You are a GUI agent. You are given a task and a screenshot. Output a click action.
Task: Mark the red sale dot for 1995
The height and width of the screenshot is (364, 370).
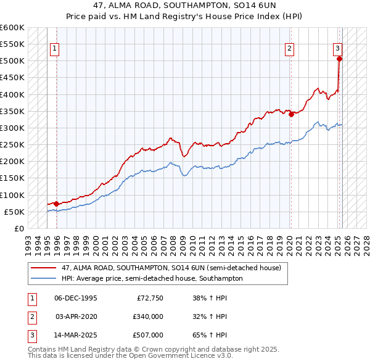pyautogui.click(x=56, y=204)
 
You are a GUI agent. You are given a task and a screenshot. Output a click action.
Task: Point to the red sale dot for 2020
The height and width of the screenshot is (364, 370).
pyautogui.click(x=291, y=114)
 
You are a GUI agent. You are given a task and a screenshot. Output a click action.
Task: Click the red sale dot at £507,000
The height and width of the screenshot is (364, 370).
pyautogui.click(x=339, y=59)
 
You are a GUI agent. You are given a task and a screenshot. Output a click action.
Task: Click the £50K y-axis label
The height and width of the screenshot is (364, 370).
pyautogui.click(x=14, y=212)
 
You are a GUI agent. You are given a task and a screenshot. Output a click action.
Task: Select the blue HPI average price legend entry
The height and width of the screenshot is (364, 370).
pyautogui.click(x=152, y=278)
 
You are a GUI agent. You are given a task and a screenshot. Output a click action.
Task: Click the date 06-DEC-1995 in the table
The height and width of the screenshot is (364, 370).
pyautogui.click(x=76, y=298)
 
